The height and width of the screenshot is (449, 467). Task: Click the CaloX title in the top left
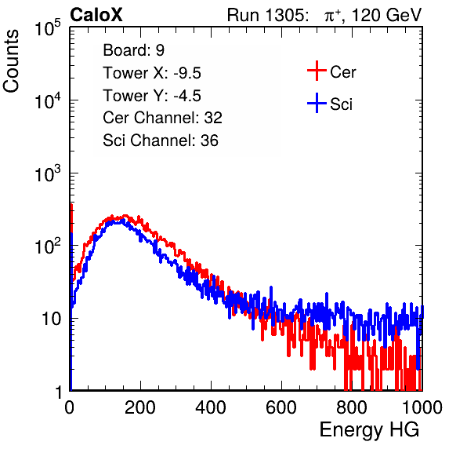(x=96, y=15)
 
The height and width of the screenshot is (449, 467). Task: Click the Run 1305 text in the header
(x=267, y=15)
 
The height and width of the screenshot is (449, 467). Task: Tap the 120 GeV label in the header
(x=387, y=15)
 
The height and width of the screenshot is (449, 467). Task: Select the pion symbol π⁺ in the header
(x=333, y=16)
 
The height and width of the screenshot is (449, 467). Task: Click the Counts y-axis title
(x=11, y=61)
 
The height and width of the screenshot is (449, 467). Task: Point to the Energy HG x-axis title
(x=369, y=430)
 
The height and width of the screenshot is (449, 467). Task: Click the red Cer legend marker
(x=317, y=71)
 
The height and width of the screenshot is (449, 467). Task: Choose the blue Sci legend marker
(x=317, y=103)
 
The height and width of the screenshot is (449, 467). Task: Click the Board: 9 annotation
(x=133, y=50)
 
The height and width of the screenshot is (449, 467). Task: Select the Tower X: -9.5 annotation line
(x=152, y=73)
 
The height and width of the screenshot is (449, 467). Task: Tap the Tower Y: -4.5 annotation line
(x=152, y=96)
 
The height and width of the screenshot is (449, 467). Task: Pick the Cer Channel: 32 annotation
(x=162, y=118)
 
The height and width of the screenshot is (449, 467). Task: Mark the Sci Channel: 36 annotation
(x=161, y=141)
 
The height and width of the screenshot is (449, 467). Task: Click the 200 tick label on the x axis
(x=140, y=407)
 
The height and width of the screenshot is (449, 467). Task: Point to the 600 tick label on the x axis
(x=281, y=407)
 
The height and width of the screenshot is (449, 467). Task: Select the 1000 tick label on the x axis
(x=422, y=407)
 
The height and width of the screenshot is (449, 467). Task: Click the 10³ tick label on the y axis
(x=48, y=173)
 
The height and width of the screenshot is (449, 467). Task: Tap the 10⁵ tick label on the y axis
(x=48, y=27)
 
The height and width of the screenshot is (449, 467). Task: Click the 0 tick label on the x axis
(x=70, y=407)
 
